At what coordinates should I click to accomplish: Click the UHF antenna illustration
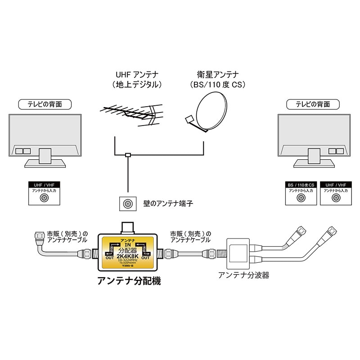pyautogui.click(x=130, y=113)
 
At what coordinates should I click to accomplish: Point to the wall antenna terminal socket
pyautogui.click(x=127, y=204)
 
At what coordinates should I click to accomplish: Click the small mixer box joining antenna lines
pyautogui.click(x=128, y=156)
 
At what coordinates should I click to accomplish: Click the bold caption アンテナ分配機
pyautogui.click(x=129, y=282)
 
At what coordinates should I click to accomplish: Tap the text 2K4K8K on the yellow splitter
pyautogui.click(x=129, y=256)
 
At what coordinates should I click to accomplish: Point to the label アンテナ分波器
pyautogui.click(x=243, y=275)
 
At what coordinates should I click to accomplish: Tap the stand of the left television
pyautogui.click(x=45, y=157)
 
